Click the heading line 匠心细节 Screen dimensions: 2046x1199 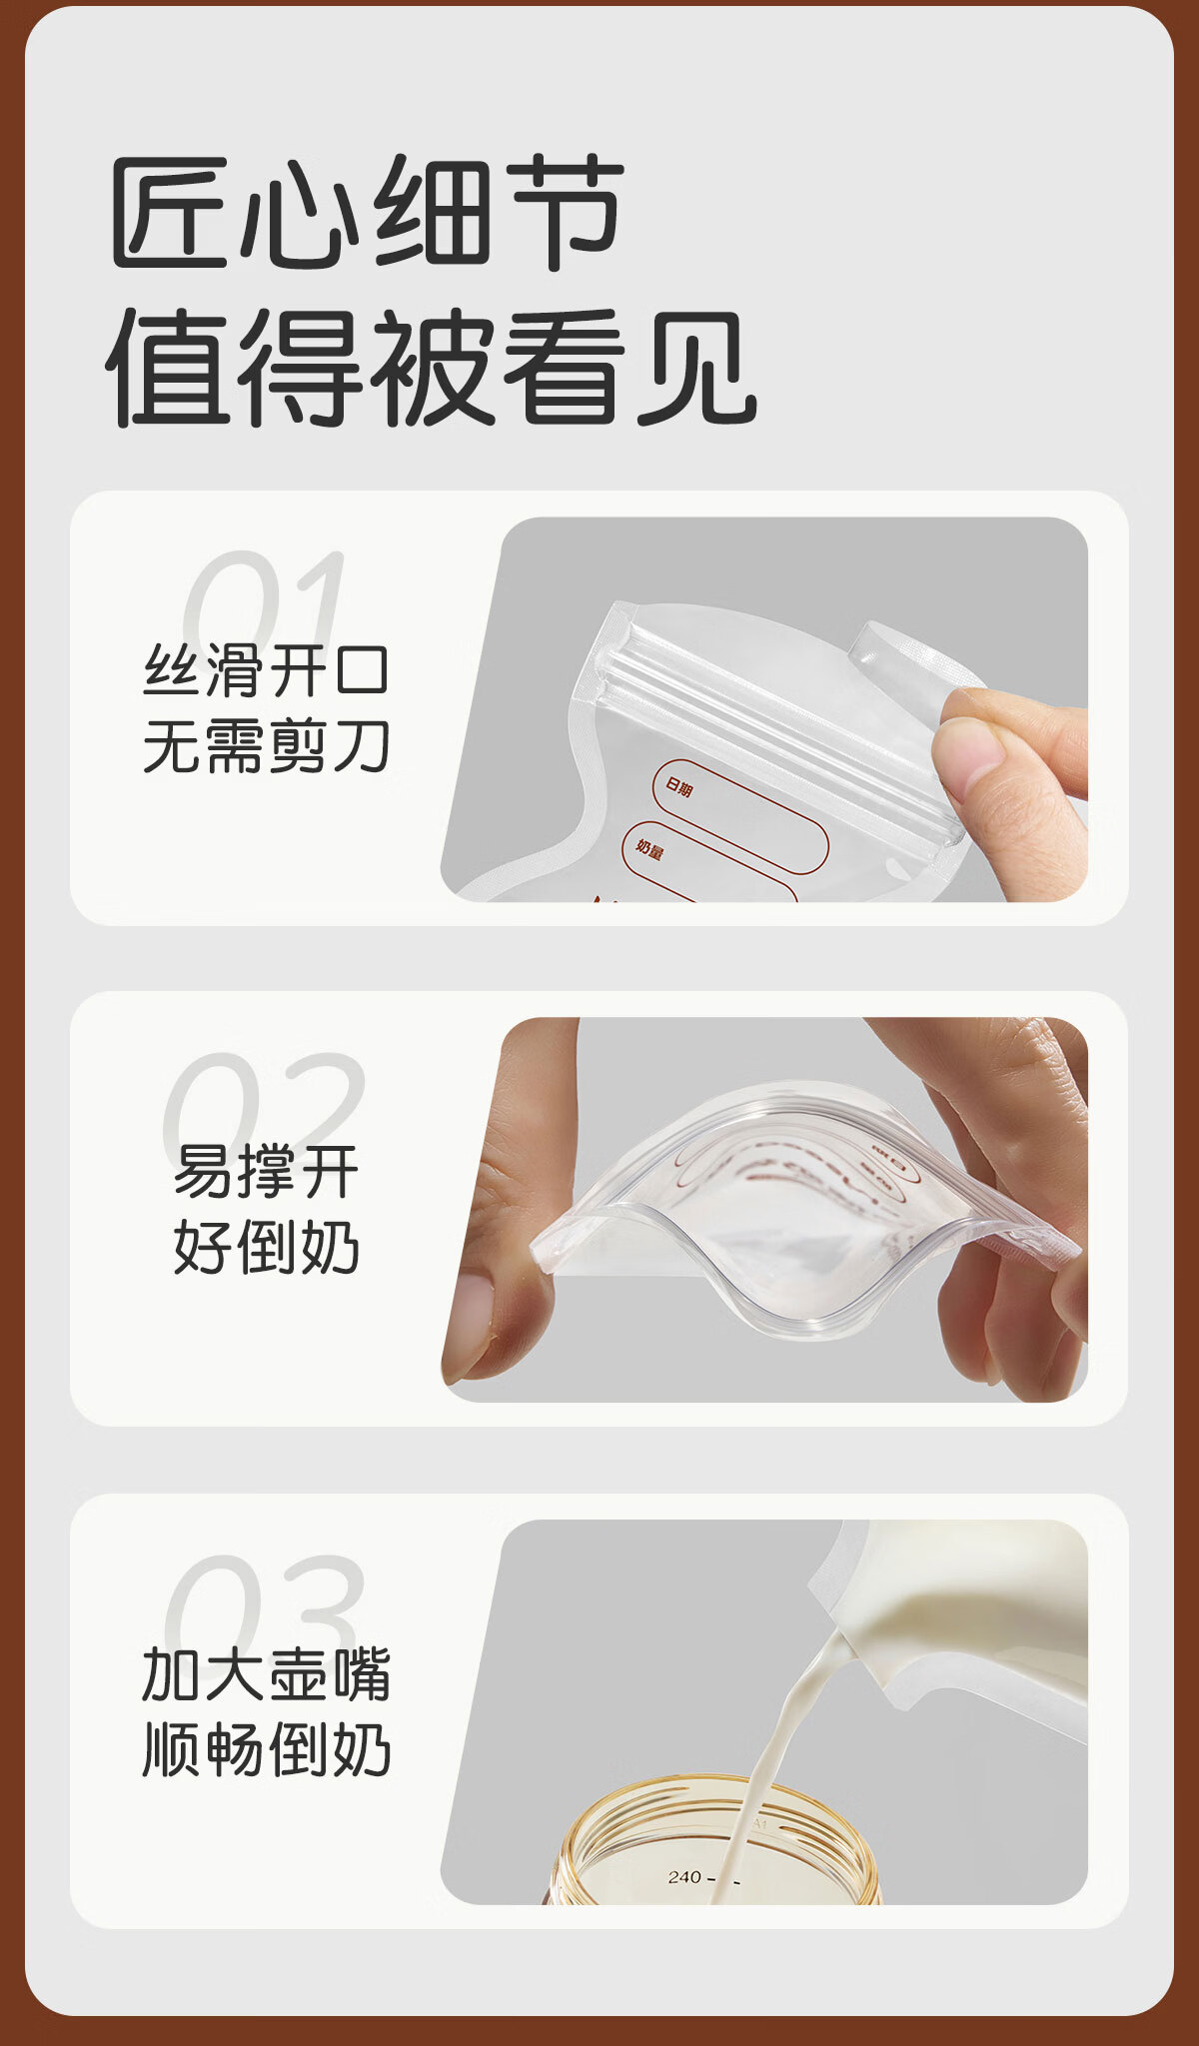pyautogui.click(x=368, y=212)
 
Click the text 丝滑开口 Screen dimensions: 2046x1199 pyautogui.click(x=266, y=670)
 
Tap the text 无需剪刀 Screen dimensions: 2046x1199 pyautogui.click(x=266, y=746)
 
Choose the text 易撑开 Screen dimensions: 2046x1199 pyautogui.click(x=266, y=1171)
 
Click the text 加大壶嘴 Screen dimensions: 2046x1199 pyautogui.click(x=266, y=1674)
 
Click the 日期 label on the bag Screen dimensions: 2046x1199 pyautogui.click(x=679, y=787)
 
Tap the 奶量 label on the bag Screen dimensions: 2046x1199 pyautogui.click(x=649, y=850)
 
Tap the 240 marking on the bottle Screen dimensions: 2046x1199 pyautogui.click(x=684, y=1877)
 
